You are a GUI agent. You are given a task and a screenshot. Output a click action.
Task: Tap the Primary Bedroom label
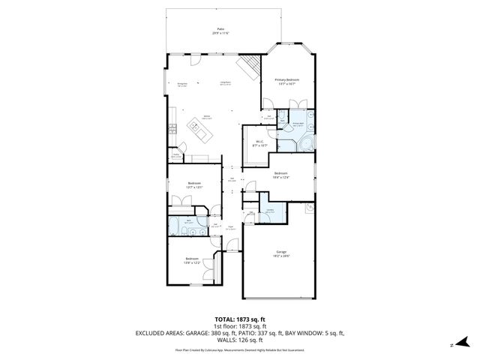pos(287,79)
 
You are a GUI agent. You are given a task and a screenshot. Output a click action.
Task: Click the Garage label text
pos(282,251)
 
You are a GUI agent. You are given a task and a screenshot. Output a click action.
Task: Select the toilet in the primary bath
pos(286,116)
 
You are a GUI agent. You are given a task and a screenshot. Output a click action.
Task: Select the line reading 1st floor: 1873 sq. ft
pos(239,327)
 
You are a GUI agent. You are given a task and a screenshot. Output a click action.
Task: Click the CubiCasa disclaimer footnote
pos(239,349)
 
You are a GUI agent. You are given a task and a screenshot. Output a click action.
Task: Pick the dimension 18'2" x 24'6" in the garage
pos(282,256)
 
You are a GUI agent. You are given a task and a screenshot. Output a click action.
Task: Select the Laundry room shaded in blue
pos(269,213)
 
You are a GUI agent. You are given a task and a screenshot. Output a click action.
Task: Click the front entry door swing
pos(233,244)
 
